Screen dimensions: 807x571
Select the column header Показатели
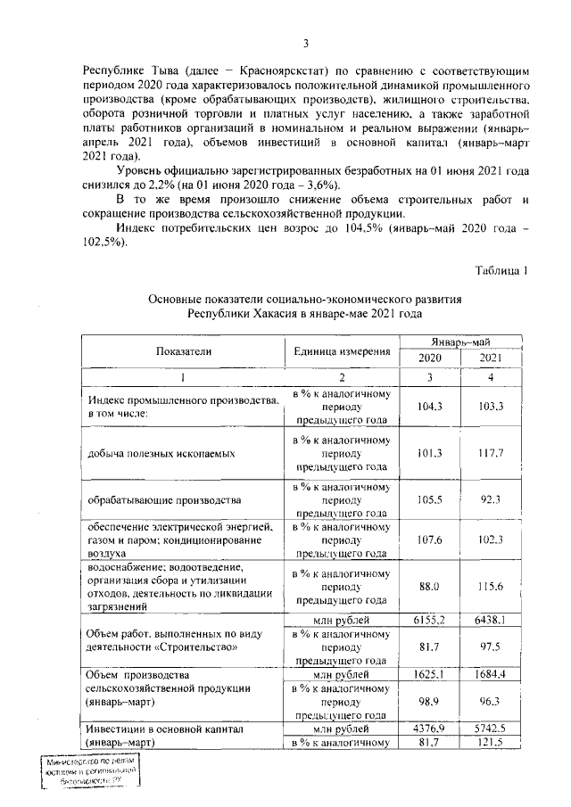183,351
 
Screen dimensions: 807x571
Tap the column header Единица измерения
343,351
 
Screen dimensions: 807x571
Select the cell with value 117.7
491,453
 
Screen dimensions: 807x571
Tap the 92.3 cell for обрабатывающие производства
491,500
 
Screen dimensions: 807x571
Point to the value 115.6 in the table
491,585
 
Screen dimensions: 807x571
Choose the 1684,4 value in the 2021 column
491,675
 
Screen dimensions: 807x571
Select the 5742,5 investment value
491,729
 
